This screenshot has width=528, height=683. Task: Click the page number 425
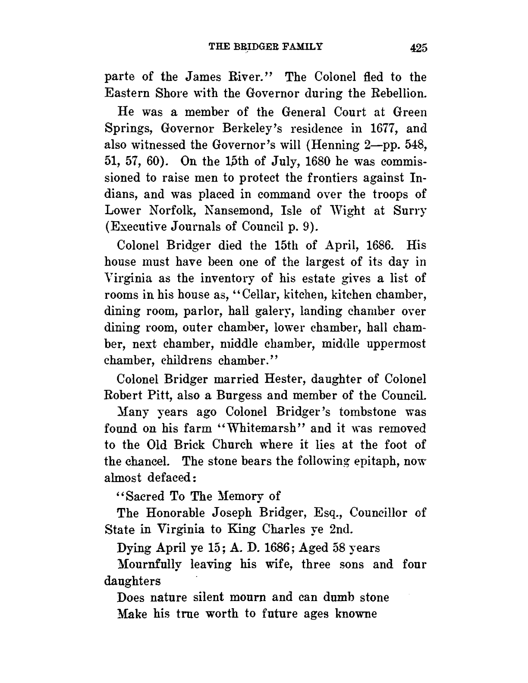(x=418, y=48)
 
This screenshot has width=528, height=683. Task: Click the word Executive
(x=132, y=227)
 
